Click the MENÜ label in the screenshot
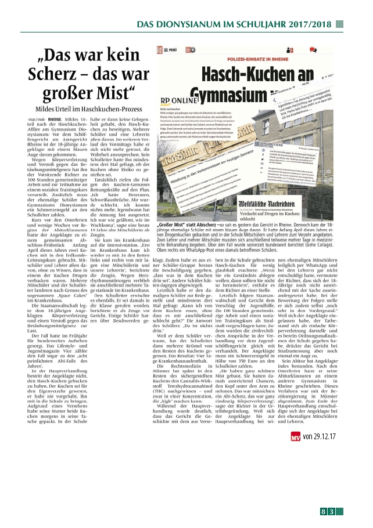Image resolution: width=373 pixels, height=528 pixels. point(172,50)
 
